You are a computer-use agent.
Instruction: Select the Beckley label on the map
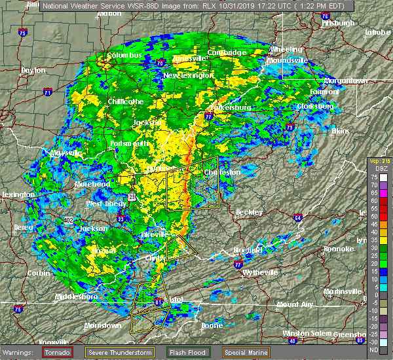(249, 212)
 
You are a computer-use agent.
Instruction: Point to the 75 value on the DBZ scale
(374, 177)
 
